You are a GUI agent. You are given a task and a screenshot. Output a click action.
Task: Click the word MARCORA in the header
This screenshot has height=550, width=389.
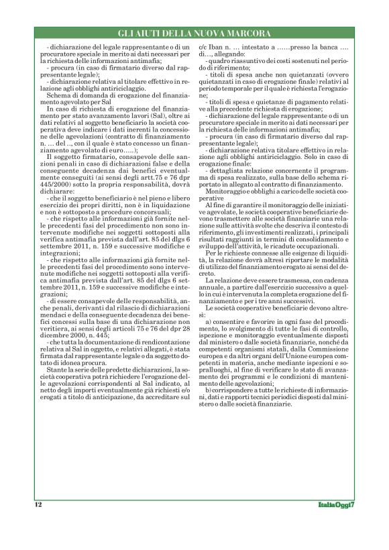247,32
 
